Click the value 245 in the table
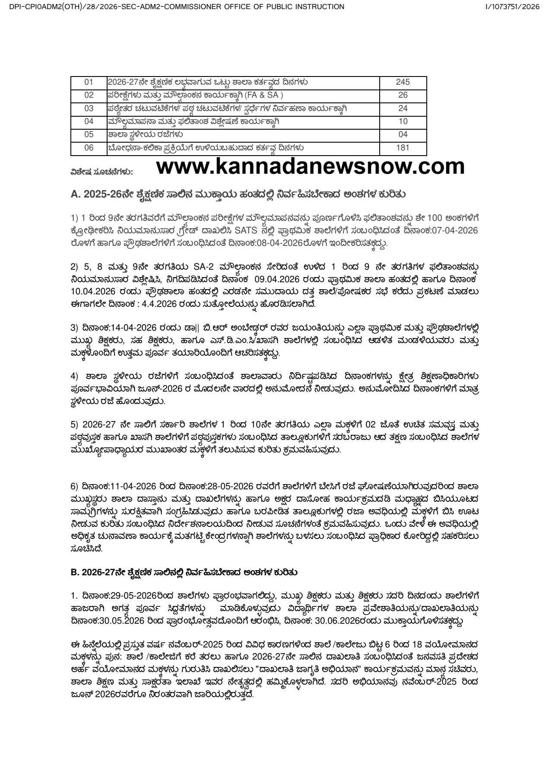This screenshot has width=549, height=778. click(403, 82)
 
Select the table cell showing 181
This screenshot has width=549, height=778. click(403, 148)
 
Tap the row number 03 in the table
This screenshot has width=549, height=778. click(89, 108)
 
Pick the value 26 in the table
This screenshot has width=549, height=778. click(403, 95)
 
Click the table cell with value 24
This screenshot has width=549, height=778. click(403, 108)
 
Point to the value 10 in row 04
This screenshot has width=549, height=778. click(403, 121)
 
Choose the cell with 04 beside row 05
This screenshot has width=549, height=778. click(403, 134)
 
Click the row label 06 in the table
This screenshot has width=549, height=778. click(89, 148)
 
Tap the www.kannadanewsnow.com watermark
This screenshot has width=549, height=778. click(310, 167)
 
